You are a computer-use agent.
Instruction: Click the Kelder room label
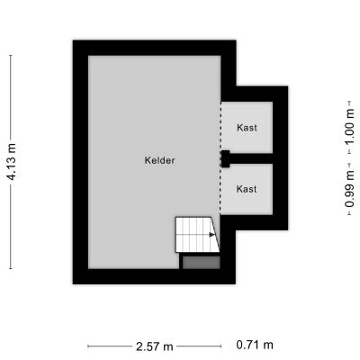click(159, 160)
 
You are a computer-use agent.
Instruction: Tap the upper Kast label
click(247, 128)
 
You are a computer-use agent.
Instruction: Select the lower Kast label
click(247, 189)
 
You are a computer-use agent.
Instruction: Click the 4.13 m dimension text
click(12, 162)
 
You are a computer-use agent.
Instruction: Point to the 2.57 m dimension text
click(155, 346)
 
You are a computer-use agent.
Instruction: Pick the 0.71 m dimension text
click(255, 345)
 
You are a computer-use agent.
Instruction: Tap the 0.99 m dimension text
click(349, 189)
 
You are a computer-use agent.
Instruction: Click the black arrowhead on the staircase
click(212, 235)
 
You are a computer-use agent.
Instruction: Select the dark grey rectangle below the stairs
click(202, 262)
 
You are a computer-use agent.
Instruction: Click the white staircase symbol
click(197, 235)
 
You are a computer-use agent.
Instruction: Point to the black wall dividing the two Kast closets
click(251, 158)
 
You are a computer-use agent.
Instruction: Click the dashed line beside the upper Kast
click(221, 126)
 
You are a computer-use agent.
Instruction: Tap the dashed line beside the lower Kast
click(220, 191)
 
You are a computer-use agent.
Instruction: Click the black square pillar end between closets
click(225, 158)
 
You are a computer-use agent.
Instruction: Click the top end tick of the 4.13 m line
click(11, 56)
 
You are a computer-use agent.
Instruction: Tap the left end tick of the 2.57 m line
click(88, 346)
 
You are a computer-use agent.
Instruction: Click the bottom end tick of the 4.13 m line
click(11, 268)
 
